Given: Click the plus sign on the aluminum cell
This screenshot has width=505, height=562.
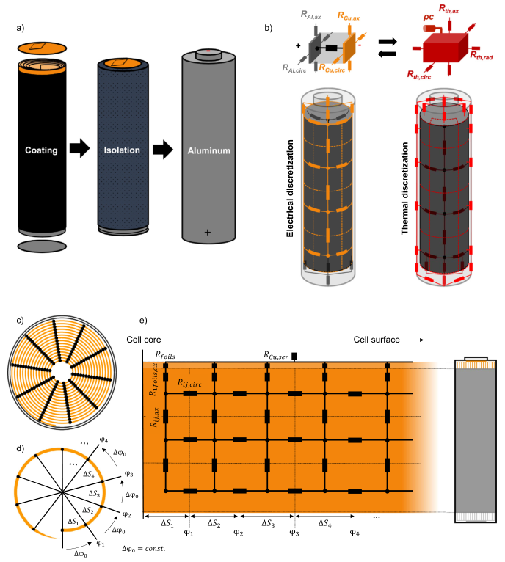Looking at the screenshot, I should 208,233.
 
